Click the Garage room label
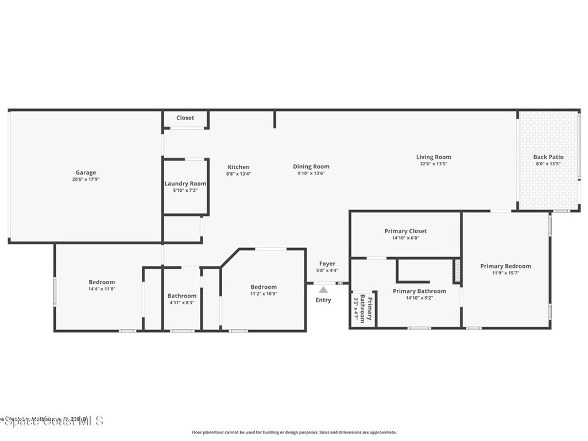click(x=86, y=172)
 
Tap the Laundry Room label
click(x=185, y=184)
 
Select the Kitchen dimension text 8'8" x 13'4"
click(x=238, y=173)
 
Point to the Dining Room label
click(x=311, y=167)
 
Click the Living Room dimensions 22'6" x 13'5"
click(x=434, y=164)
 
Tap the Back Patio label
click(x=548, y=157)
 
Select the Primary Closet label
click(x=405, y=231)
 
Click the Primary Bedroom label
click(x=505, y=266)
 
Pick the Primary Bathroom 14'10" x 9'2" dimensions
click(x=419, y=297)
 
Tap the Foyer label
click(x=327, y=264)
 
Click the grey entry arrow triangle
click(x=324, y=290)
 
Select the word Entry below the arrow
click(x=323, y=300)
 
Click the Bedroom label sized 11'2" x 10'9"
click(x=264, y=287)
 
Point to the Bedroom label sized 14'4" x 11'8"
click(x=102, y=282)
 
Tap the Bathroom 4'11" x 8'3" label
click(x=182, y=296)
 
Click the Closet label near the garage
click(x=185, y=118)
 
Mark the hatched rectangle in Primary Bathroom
click(x=458, y=271)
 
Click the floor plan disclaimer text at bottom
click(x=293, y=432)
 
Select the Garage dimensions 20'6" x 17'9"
click(x=86, y=179)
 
